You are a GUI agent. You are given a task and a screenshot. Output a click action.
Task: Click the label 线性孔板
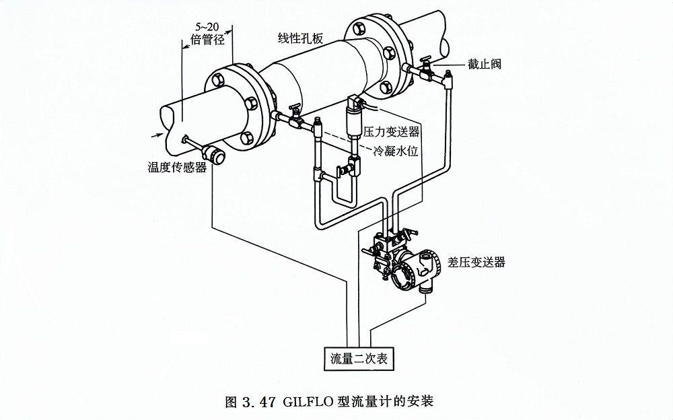click(301, 38)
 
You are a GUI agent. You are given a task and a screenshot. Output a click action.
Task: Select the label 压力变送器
click(392, 131)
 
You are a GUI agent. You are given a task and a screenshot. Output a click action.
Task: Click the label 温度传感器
click(177, 167)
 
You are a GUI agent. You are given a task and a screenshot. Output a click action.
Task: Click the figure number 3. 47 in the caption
click(258, 403)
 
